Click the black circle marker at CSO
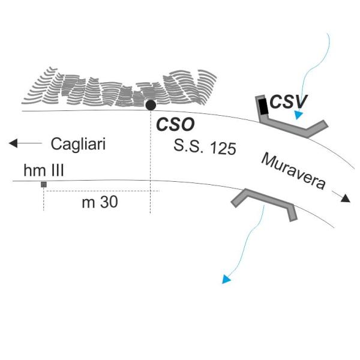tap(151, 106)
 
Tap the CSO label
tap(175, 124)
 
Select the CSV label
tap(289, 102)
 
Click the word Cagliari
tap(78, 145)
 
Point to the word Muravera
tap(293, 171)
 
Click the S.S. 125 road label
tap(205, 146)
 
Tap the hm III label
tap(44, 170)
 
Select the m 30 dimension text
tap(100, 202)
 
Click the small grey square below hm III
tap(44, 184)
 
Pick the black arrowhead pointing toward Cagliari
tap(13, 143)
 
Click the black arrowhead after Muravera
tap(346, 198)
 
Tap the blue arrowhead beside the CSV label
tap(298, 115)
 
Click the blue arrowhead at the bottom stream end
tap(226, 280)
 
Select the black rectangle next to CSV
tap(263, 107)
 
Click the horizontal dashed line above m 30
tap(101, 191)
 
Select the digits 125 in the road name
tap(223, 148)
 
